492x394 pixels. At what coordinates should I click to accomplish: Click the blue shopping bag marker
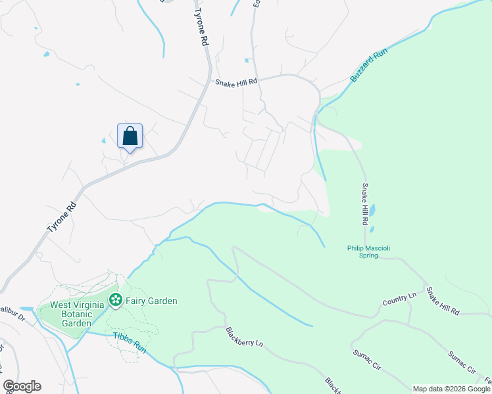coord(130,137)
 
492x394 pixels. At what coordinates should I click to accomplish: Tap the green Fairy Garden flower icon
coord(116,301)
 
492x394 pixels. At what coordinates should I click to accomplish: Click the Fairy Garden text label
coord(152,301)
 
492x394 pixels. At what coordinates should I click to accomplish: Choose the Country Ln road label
coord(400,300)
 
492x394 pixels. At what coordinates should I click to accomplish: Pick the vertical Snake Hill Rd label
coord(363,204)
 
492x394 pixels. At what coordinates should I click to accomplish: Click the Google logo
coord(22,386)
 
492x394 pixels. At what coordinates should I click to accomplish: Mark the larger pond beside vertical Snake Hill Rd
coord(373,211)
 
